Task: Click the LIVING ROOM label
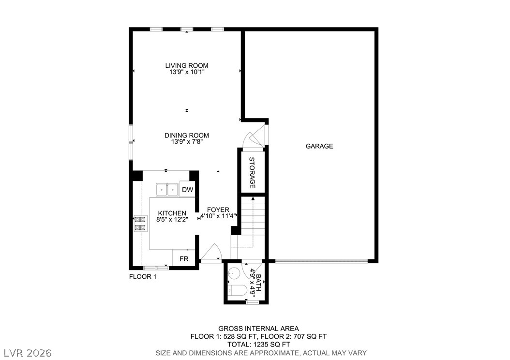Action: pos(187,66)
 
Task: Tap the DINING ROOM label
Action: pos(187,135)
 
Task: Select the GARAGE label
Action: pos(319,146)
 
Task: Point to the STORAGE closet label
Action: pos(252,173)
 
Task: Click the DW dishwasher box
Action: pos(187,189)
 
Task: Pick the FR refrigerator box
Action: pos(184,258)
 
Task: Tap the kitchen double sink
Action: pos(167,190)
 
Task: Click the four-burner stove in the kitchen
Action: pos(140,224)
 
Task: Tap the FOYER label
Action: pos(218,210)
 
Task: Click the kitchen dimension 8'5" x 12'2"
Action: pos(172,219)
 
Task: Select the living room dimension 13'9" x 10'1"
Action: pos(187,72)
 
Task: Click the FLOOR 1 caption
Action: pos(143,277)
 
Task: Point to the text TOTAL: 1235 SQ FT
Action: pos(258,345)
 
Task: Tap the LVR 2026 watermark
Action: pos(28,353)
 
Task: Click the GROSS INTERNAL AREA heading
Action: pos(258,329)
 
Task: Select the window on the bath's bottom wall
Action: pos(253,302)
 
